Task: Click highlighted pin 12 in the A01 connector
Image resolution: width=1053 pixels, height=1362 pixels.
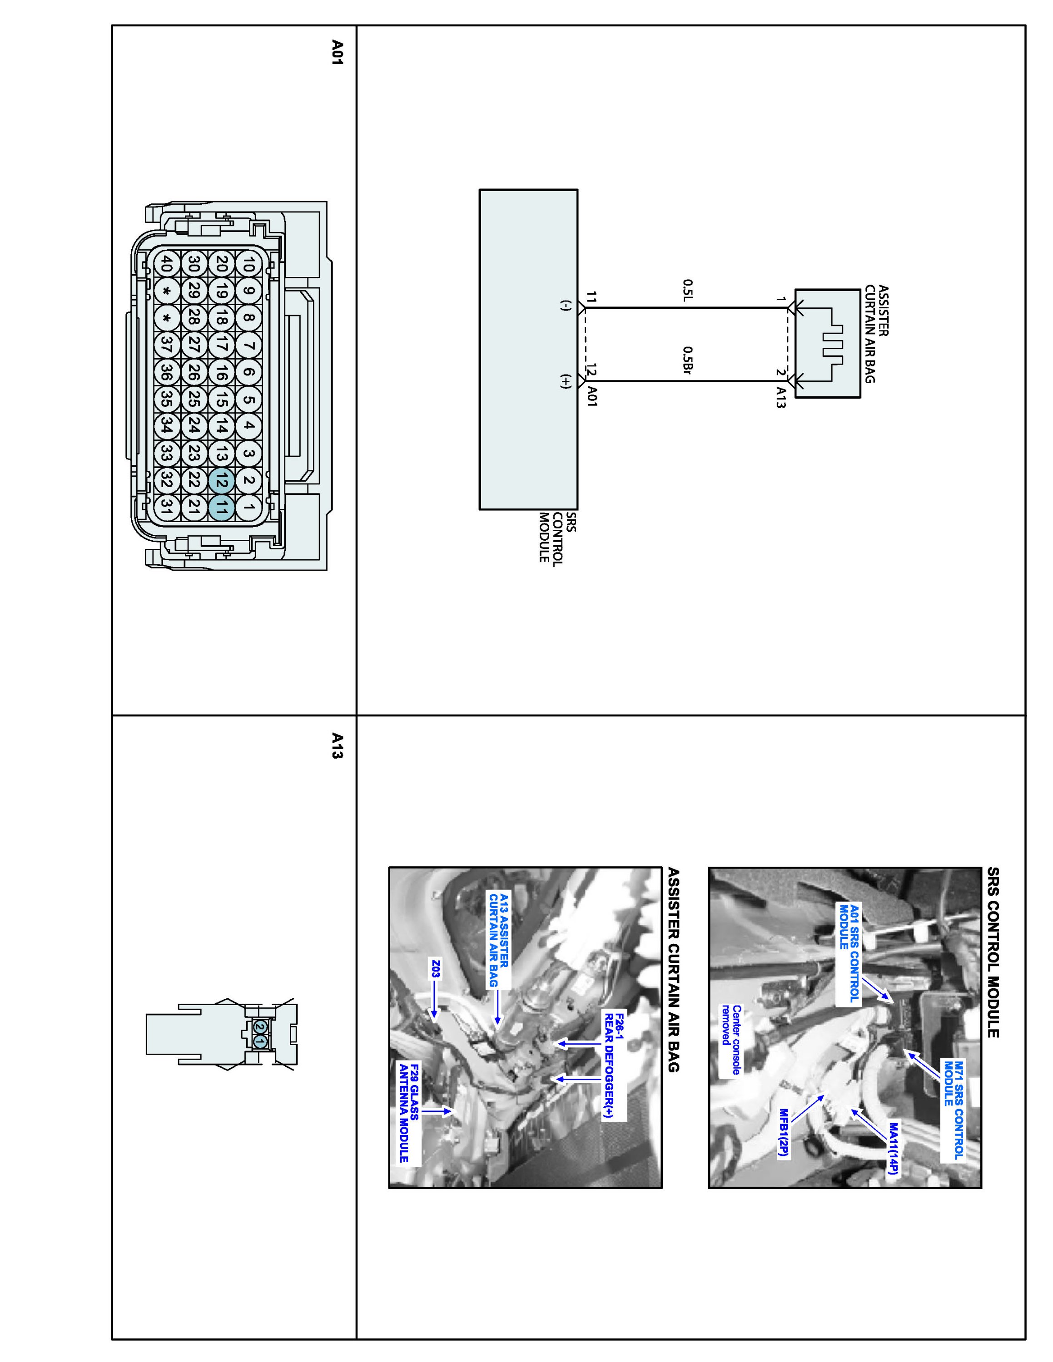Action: click(x=221, y=480)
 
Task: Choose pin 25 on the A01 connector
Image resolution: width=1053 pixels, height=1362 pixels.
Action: click(x=194, y=399)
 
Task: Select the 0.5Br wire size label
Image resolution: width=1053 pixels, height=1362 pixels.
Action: click(x=688, y=361)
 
